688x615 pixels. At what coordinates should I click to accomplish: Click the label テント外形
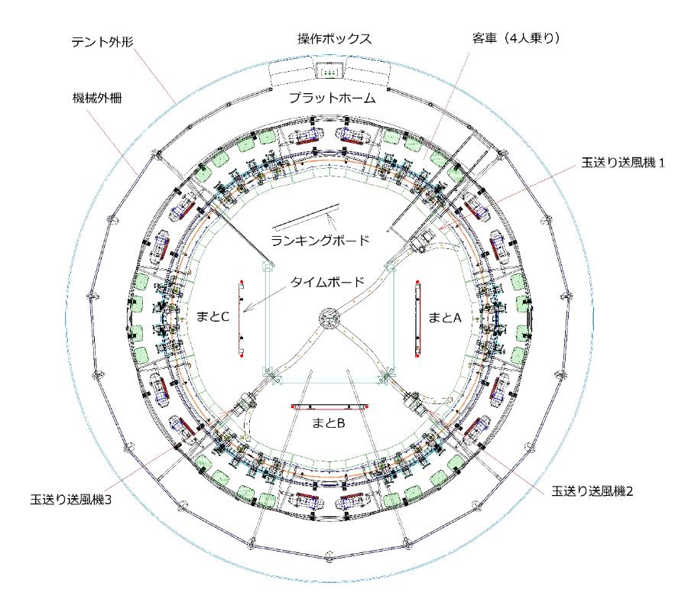tap(102, 42)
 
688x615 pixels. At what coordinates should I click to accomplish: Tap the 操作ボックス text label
tap(334, 39)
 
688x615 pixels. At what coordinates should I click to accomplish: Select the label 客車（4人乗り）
tap(516, 39)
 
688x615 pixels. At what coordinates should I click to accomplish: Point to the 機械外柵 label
tap(97, 98)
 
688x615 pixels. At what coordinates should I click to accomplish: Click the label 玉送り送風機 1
tap(622, 163)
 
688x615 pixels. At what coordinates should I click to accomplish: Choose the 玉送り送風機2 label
tap(592, 491)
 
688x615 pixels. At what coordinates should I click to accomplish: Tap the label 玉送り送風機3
tap(70, 500)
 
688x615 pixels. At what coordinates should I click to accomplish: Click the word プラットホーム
tap(333, 98)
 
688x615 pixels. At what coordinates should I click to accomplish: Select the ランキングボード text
tap(320, 241)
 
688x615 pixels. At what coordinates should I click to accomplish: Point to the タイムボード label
tap(327, 282)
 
